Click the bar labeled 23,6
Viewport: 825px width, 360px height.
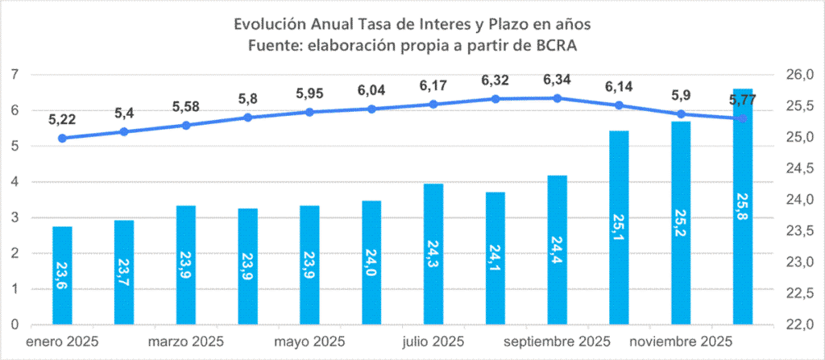tap(62, 275)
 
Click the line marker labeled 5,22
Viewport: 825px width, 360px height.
tap(62, 138)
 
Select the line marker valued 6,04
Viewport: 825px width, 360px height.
tap(371, 109)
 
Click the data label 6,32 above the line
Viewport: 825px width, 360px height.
tap(495, 81)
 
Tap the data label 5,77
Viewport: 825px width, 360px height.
tap(743, 100)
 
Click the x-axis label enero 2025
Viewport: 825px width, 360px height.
tap(62, 342)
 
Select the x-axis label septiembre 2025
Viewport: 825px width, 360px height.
tap(558, 342)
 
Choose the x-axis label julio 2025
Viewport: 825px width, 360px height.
tap(433, 342)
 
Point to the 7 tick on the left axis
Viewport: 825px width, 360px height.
tap(15, 75)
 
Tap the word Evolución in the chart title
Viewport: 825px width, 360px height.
tap(271, 25)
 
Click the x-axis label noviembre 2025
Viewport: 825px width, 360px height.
tap(681, 342)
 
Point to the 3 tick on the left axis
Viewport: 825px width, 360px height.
tap(15, 217)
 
